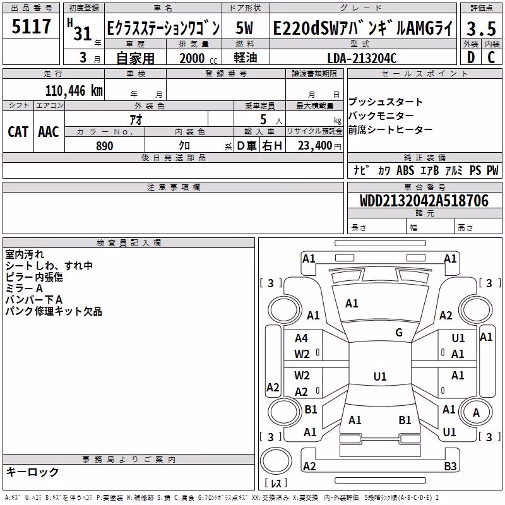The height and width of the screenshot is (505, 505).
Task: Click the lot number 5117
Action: coord(31,26)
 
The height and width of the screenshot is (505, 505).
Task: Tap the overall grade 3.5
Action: coord(481,28)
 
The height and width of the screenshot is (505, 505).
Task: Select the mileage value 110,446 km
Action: coord(74,91)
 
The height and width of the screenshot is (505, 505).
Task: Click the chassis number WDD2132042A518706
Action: coord(424,201)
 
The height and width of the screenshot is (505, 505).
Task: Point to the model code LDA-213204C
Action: coord(362,58)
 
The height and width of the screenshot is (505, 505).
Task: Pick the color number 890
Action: coord(105,146)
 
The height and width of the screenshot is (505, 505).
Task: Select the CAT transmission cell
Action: coord(18,132)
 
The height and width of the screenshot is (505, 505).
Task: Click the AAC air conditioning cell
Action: coord(49,132)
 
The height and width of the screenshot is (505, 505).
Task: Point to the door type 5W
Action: coord(244,28)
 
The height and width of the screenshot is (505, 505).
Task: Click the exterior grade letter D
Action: coord(471,57)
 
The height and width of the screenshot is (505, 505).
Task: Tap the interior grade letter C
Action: coord(491,57)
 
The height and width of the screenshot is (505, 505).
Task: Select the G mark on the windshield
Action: coord(399,333)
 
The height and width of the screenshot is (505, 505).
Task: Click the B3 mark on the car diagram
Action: coord(450,466)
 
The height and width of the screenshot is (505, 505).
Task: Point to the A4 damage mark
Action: coord(301,338)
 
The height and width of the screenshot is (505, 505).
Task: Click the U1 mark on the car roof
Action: coord(380,376)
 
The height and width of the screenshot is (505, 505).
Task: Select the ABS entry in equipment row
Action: coord(405,170)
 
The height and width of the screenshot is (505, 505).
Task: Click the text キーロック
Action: coord(32,472)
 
